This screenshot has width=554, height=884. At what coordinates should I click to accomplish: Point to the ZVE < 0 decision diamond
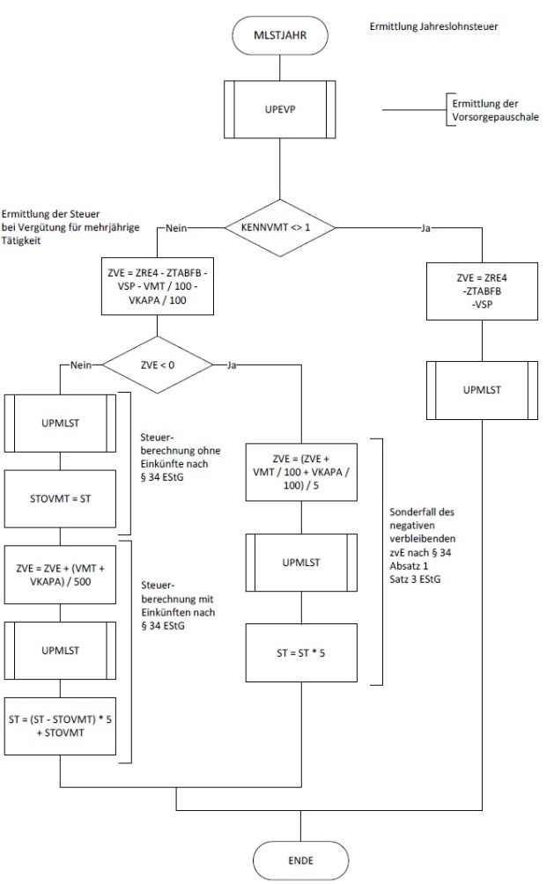pyautogui.click(x=159, y=364)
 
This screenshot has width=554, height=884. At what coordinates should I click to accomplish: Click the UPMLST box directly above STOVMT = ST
pyautogui.click(x=60, y=424)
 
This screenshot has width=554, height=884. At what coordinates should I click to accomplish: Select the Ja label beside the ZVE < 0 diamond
pyautogui.click(x=233, y=364)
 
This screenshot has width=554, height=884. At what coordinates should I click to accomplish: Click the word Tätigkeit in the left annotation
pyautogui.click(x=21, y=240)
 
